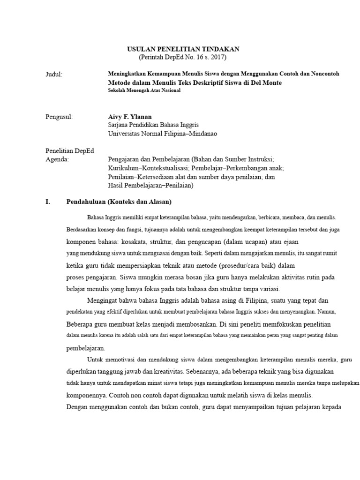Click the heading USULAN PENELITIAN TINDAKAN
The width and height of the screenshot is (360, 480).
(x=184, y=49)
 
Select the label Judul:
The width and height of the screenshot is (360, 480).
(x=54, y=74)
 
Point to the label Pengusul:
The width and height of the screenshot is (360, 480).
(x=59, y=117)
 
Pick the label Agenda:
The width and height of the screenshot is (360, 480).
(x=57, y=159)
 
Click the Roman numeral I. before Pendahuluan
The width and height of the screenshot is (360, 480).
(x=47, y=202)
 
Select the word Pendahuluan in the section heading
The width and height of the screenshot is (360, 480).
(x=86, y=202)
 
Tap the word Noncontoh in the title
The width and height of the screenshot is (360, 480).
(x=325, y=74)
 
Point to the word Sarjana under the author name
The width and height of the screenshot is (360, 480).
(x=117, y=125)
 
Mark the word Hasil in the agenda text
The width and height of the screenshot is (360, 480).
(x=115, y=185)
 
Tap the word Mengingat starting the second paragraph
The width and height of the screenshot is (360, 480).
(x=105, y=300)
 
